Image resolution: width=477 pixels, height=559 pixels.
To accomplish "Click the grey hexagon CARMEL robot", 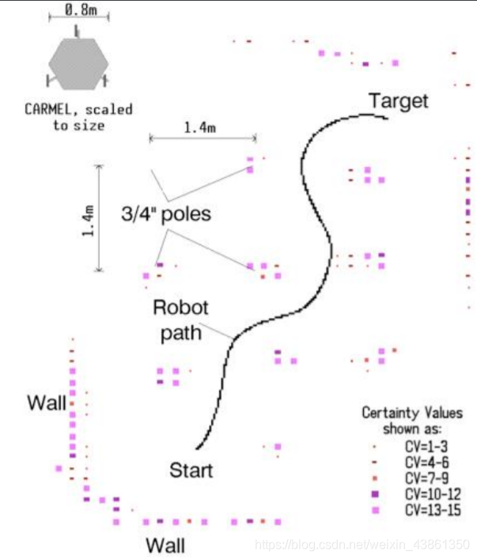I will (76, 62).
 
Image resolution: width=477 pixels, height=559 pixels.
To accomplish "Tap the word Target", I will (399, 100).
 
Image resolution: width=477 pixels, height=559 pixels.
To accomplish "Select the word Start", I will (191, 470).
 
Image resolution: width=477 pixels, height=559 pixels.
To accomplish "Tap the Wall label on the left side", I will (47, 402).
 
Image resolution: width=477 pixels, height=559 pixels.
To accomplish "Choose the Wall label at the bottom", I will (165, 545).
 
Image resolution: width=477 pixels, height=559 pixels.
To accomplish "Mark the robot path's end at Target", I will (387, 117).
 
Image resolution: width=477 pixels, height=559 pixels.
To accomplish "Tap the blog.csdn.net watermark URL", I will (364, 546).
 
